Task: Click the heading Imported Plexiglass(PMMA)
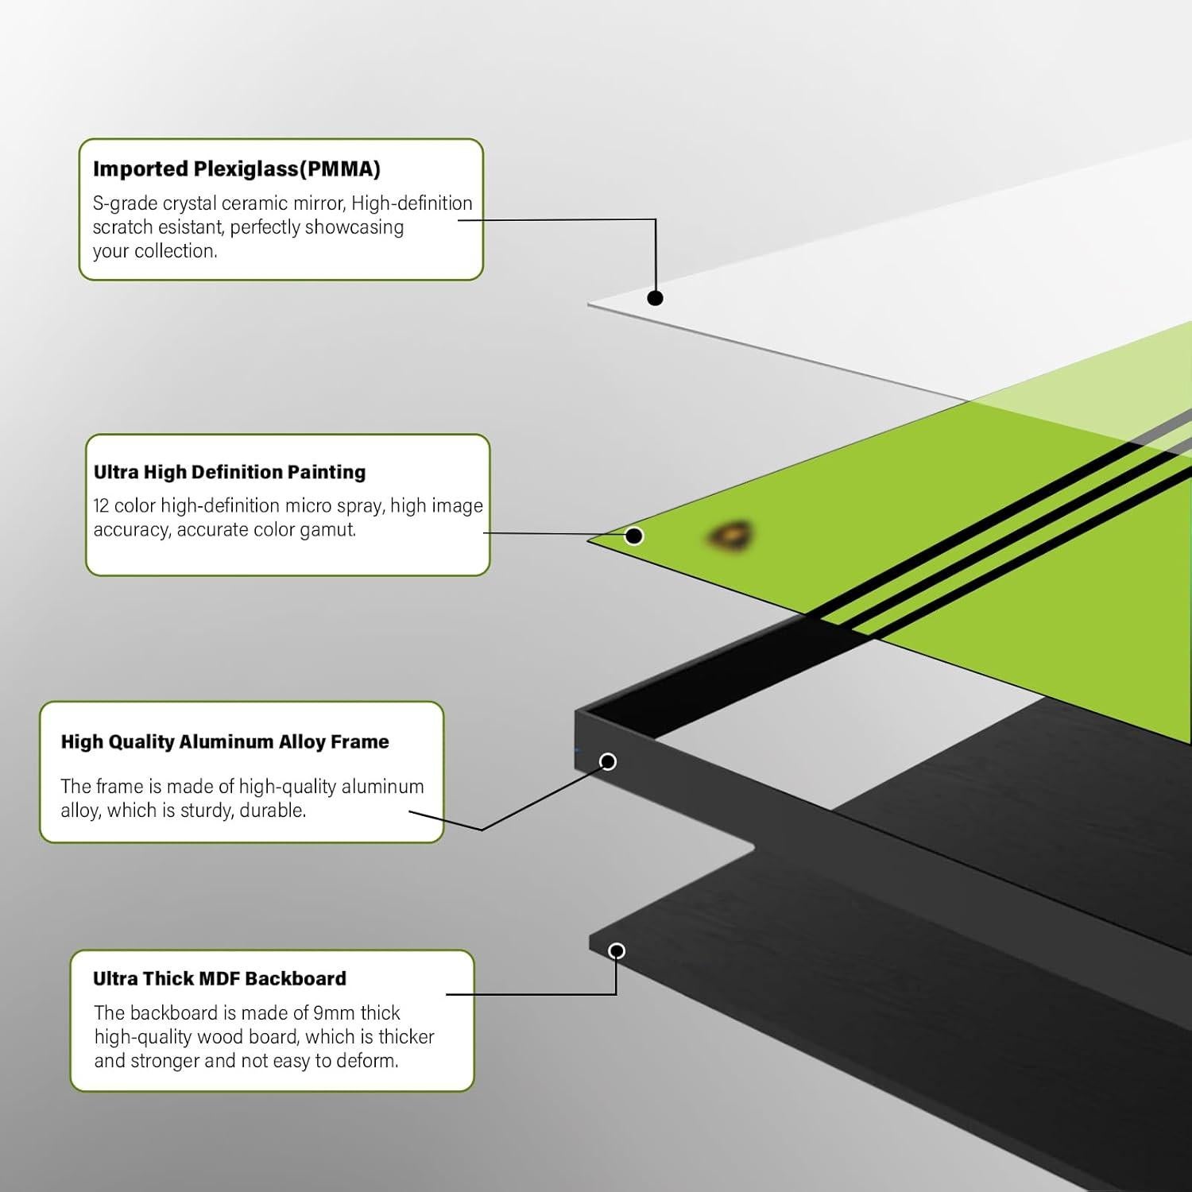tap(237, 169)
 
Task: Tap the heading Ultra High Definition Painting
tap(230, 472)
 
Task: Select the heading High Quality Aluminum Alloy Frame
tap(225, 741)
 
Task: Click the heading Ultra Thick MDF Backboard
tap(219, 978)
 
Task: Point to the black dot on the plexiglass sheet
tap(655, 298)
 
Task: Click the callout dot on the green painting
tap(633, 536)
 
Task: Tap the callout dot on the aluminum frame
tap(608, 762)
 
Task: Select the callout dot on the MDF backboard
tap(617, 951)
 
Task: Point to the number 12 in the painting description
tap(101, 505)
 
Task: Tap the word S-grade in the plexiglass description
tap(125, 204)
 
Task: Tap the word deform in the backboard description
tap(368, 1061)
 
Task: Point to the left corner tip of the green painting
tap(589, 540)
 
